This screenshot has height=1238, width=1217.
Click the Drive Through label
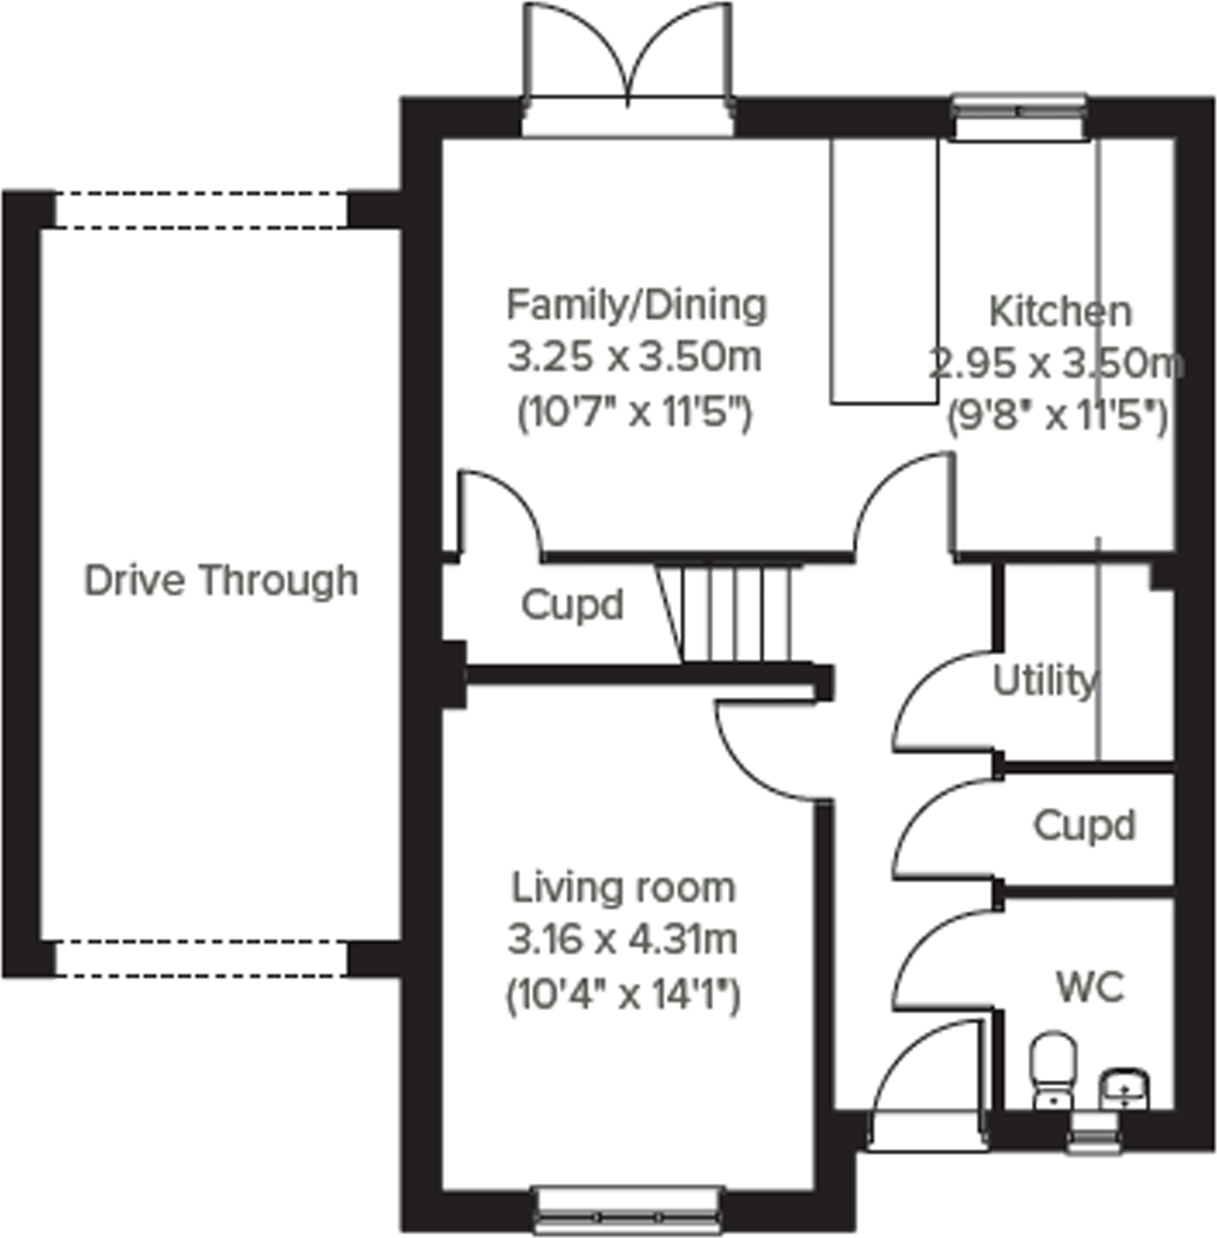[221, 581]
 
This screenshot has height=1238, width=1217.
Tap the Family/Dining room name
[636, 305]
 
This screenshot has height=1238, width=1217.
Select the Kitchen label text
[1059, 311]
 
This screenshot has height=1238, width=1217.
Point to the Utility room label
[1045, 680]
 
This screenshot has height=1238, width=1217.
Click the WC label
[1090, 987]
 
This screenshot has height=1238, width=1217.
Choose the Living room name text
[623, 888]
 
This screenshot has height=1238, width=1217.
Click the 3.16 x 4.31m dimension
[622, 939]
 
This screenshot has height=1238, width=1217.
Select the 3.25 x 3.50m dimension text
[634, 357]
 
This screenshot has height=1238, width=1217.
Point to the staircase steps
[734, 614]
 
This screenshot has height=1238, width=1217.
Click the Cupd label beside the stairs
[572, 604]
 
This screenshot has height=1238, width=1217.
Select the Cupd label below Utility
[1084, 825]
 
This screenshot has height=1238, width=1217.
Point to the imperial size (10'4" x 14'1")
[623, 993]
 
